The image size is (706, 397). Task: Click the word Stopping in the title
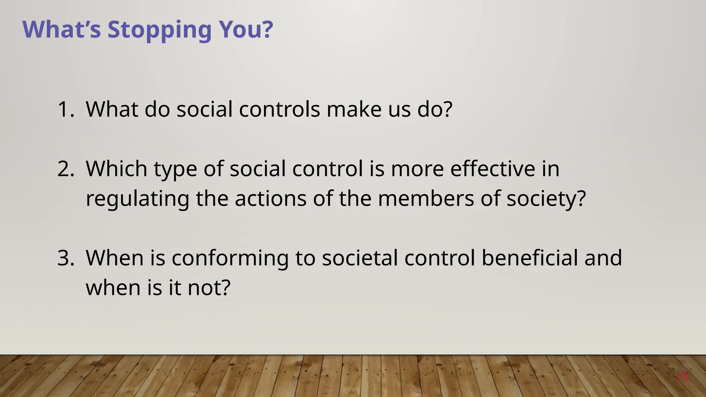(159, 30)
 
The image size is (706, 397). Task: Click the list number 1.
(65, 110)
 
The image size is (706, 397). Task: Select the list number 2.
(65, 169)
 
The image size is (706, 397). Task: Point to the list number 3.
(65, 258)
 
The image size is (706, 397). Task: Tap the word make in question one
(354, 110)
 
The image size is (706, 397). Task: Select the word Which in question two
(116, 169)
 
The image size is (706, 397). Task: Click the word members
(426, 199)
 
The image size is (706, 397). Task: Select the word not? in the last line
(209, 288)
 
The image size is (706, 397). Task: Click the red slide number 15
(683, 376)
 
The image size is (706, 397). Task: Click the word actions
(270, 199)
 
